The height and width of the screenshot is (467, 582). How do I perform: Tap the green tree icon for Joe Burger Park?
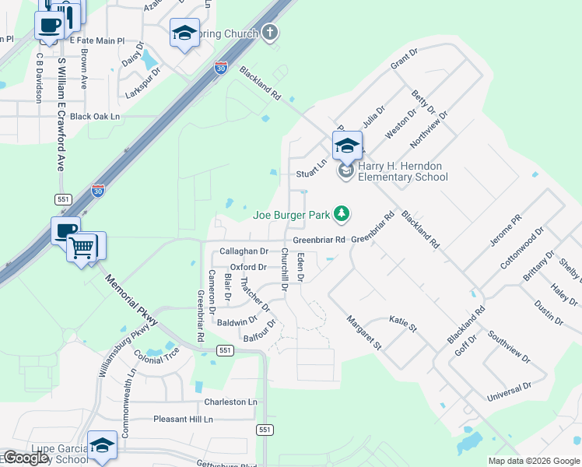(341, 212)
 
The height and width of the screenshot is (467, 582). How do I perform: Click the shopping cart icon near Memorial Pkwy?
(82, 248)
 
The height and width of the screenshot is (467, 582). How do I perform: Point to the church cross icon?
(269, 33)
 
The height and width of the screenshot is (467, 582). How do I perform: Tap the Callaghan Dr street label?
(244, 251)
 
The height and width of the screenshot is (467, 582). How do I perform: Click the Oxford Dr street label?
(249, 267)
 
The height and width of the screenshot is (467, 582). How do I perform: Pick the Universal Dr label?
(509, 392)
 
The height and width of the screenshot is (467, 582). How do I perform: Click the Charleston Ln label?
(230, 402)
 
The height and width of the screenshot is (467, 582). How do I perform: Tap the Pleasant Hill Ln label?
(183, 420)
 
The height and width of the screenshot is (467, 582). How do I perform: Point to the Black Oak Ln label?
(96, 116)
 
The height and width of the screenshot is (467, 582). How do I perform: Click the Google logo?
(26, 458)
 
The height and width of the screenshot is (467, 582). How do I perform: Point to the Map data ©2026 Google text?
(533, 461)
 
